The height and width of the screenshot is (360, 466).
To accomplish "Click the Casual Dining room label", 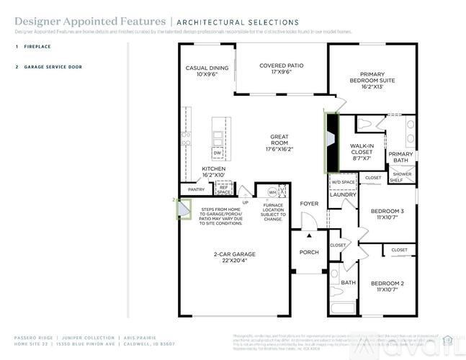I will coord(207,71).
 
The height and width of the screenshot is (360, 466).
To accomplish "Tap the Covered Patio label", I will coord(281,68).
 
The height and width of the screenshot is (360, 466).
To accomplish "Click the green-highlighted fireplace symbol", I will coord(331,142).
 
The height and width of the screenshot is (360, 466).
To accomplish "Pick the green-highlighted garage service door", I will coord(184,209).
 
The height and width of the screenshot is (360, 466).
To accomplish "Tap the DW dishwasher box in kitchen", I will coord(217,153).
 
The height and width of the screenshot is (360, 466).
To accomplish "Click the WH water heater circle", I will coord(272,192).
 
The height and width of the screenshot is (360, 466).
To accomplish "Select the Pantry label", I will coord(196,189).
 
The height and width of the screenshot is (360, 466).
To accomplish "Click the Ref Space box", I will coord(224,189).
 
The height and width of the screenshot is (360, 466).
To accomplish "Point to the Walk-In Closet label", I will coord(362,151).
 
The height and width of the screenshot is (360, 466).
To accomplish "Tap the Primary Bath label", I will coord(401,157).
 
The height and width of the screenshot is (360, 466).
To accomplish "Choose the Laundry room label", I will coord(344,194).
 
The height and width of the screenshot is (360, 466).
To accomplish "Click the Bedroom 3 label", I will coord(387,214).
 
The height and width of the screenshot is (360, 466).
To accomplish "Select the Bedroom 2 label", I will coord(387,286).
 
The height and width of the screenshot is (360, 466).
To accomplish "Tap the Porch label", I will coord(309,252).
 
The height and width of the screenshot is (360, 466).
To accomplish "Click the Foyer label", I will coord(309,204).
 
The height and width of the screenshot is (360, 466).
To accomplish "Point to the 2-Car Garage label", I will coord(235,258).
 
